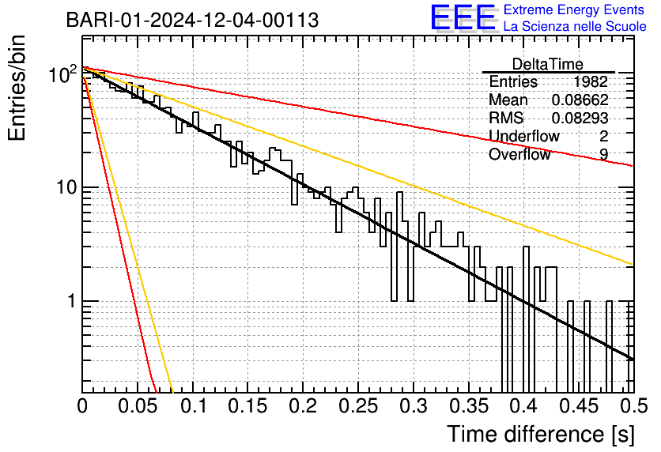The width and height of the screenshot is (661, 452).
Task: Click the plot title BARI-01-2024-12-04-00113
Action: [192, 20]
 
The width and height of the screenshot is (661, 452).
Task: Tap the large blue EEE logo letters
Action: [463, 18]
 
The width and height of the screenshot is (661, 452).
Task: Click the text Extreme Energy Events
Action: [575, 10]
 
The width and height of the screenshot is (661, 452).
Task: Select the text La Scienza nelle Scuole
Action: [575, 27]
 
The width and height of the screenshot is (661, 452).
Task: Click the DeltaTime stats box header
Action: [547, 64]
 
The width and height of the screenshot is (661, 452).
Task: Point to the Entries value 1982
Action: [591, 81]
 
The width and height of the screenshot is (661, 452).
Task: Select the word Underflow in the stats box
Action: [523, 136]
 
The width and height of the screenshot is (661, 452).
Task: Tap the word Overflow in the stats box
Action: [519, 154]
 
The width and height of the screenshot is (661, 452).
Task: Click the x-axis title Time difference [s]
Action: [541, 434]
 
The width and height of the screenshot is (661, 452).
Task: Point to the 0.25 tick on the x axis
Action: [358, 407]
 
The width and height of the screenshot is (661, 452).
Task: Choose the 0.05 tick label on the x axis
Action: [138, 407]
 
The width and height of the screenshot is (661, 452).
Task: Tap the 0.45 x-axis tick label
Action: [579, 407]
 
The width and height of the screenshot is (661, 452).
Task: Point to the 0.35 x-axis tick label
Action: [468, 407]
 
